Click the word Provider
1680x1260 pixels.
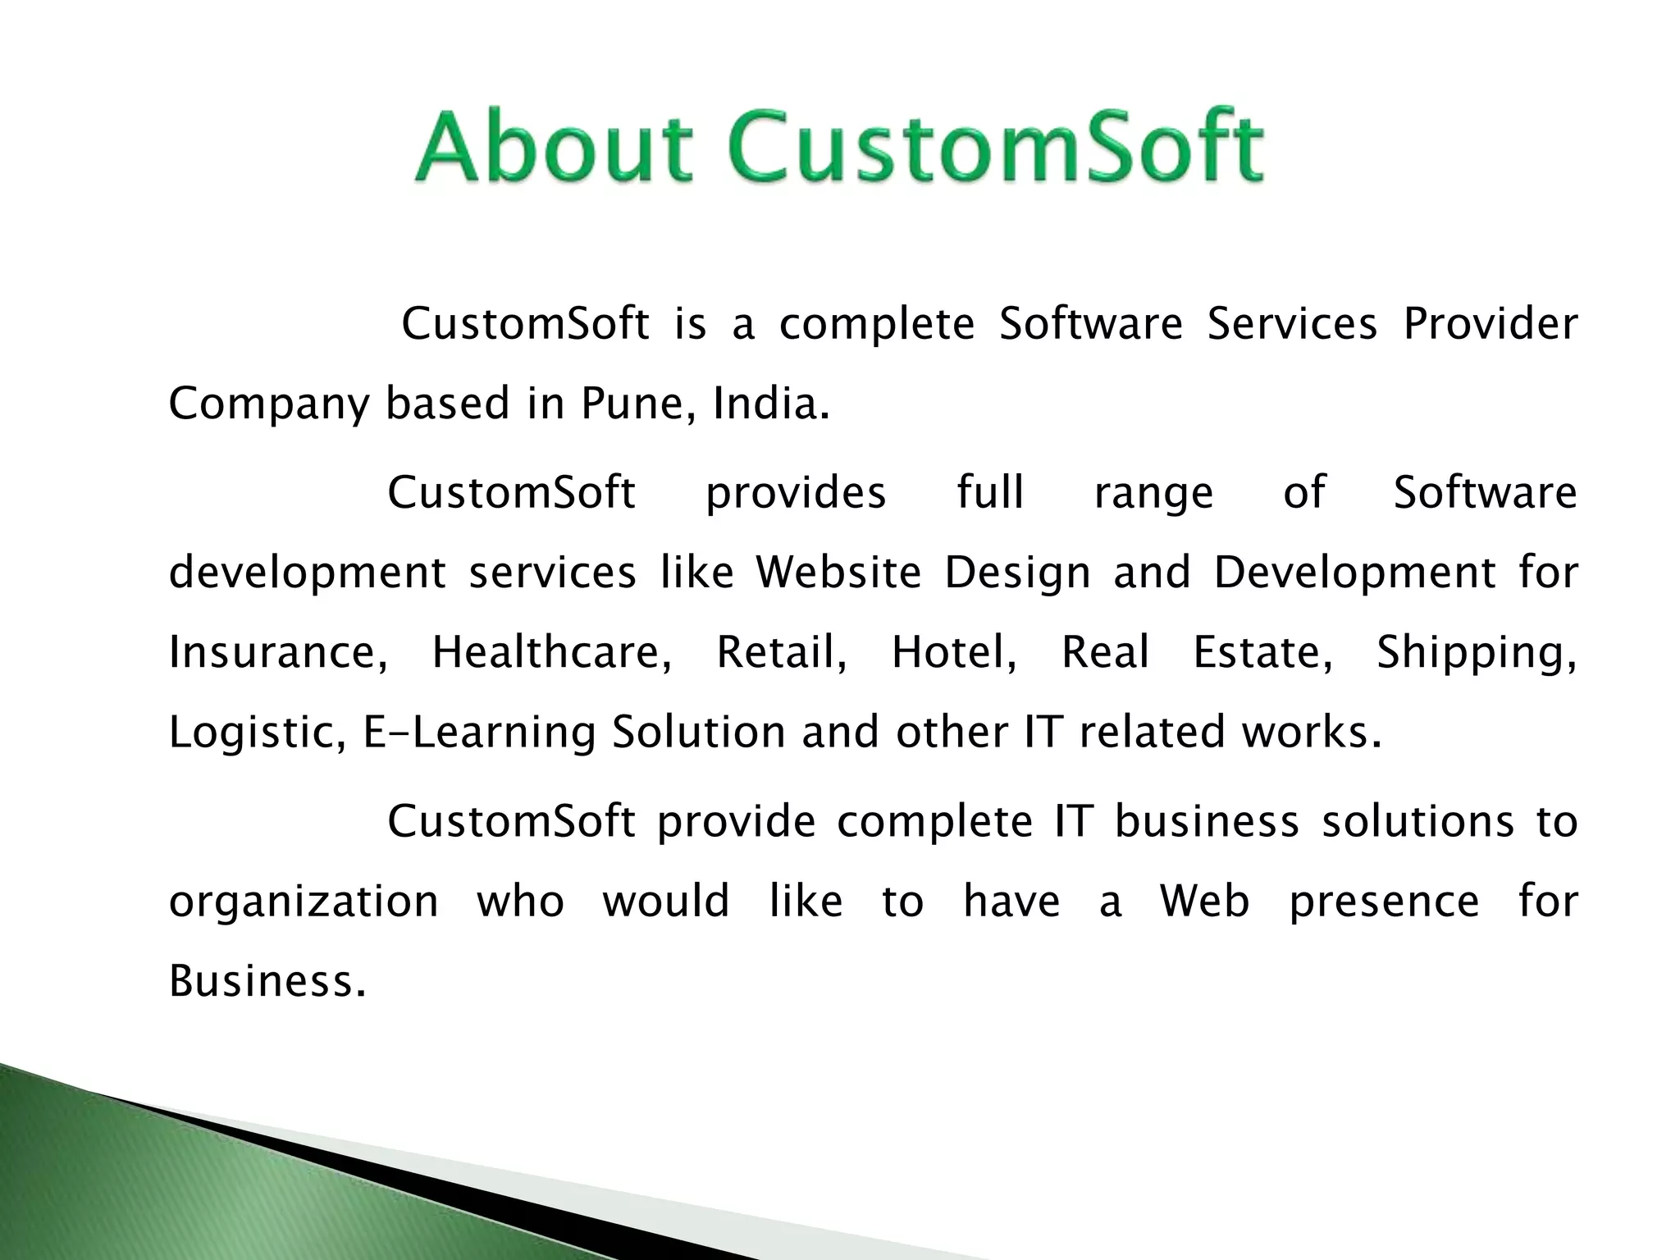pos(1490,323)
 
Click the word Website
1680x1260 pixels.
pos(838,572)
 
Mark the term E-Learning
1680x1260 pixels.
pos(479,732)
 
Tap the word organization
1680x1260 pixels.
pos(304,902)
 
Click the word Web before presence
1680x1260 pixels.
pos(1204,901)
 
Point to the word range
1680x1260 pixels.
pos(1153,493)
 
